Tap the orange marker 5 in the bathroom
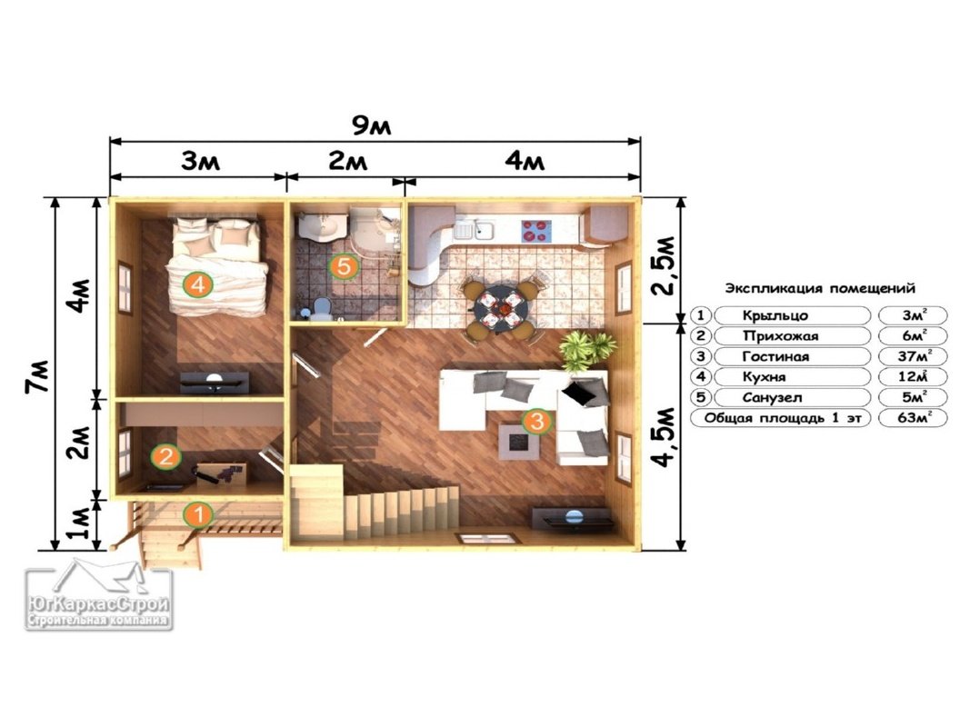coord(344,266)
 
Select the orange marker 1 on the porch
coord(198,514)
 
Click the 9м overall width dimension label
coord(371,126)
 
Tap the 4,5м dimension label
coord(664,436)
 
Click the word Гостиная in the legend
coord(775,357)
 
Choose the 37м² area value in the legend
coord(914,356)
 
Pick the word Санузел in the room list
coord(772,398)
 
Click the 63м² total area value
coord(914,418)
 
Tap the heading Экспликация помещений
coord(820,288)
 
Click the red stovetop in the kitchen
coord(535,231)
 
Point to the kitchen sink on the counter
coord(482,231)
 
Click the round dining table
coord(501,308)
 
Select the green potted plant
coord(587,350)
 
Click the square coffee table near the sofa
coord(518,442)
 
